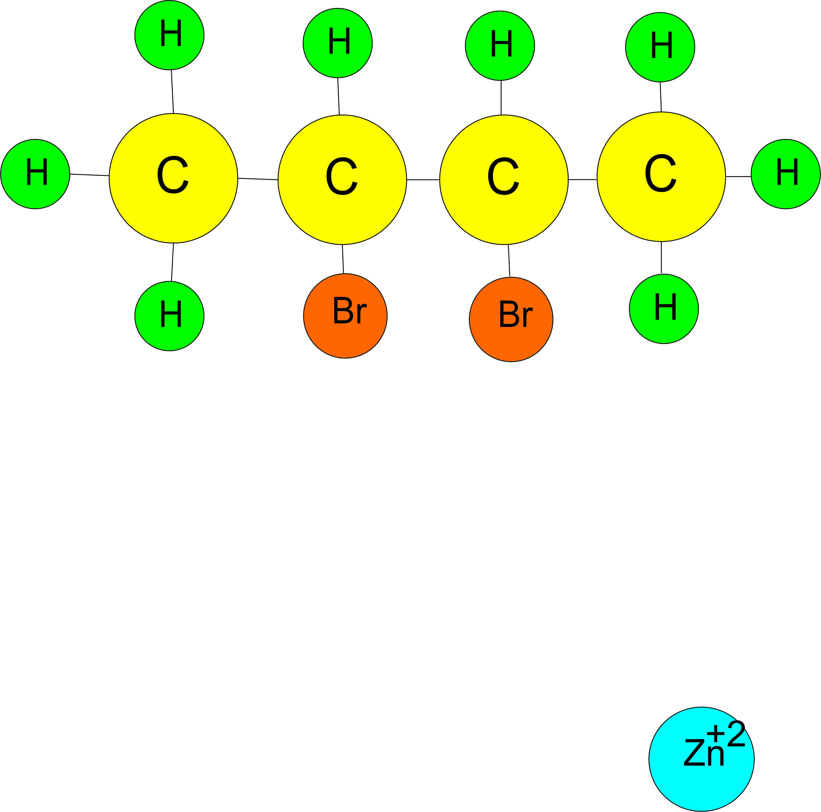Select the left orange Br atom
click(x=345, y=316)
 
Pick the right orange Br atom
click(x=511, y=319)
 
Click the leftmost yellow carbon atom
click(x=173, y=178)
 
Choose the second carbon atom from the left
click(x=342, y=179)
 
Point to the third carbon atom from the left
click(x=503, y=179)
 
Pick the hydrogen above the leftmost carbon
click(x=169, y=35)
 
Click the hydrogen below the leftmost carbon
click(x=169, y=316)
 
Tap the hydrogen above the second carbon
click(x=337, y=42)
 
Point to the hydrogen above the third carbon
click(x=500, y=45)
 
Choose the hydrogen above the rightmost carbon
click(x=660, y=47)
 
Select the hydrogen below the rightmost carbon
click(x=664, y=308)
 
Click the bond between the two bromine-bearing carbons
click(x=423, y=180)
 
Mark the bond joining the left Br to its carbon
click(x=343, y=259)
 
